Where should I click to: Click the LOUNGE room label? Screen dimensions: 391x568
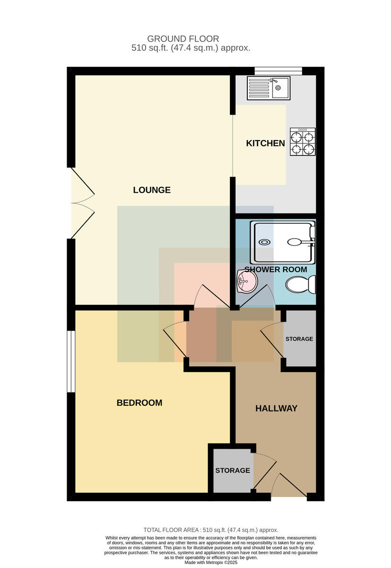(x=152, y=190)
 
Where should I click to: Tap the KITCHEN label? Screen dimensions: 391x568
(x=265, y=143)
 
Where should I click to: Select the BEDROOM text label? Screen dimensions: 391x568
(x=139, y=403)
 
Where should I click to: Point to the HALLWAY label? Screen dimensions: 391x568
(x=276, y=408)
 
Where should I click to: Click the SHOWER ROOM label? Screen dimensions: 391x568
(x=276, y=269)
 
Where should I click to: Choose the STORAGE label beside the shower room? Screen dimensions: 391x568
(x=299, y=339)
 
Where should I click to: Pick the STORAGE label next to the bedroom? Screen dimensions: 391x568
(x=233, y=470)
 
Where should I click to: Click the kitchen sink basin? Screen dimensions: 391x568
(x=280, y=88)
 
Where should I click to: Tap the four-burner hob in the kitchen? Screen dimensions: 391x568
(x=303, y=142)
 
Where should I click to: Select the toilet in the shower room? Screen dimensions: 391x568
(x=301, y=284)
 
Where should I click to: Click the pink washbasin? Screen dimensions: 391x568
(x=247, y=281)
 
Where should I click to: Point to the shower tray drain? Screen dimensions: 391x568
(x=264, y=242)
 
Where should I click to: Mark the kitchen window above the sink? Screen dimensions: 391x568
(x=278, y=71)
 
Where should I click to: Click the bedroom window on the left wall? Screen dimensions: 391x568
(x=71, y=362)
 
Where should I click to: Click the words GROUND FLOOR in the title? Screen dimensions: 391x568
(x=183, y=39)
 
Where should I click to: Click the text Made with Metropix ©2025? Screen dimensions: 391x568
(x=211, y=562)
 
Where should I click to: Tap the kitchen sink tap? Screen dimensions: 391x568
(x=273, y=80)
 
